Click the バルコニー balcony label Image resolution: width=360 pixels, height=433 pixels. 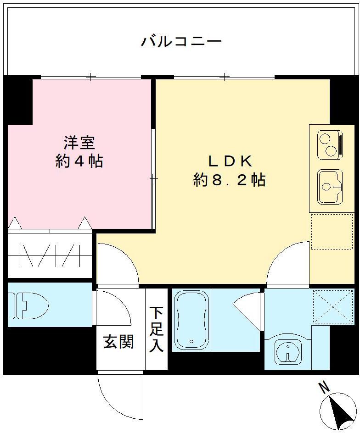click(181, 42)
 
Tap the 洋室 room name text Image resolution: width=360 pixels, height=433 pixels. click(79, 143)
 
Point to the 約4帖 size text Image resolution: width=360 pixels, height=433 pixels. click(79, 161)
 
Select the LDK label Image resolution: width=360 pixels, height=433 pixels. click(229, 161)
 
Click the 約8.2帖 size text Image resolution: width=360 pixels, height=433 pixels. click(229, 180)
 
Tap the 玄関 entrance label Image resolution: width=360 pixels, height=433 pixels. click(118, 341)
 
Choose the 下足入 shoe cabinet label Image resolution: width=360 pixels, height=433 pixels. click(156, 329)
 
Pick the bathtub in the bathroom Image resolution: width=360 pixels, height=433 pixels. click(191, 319)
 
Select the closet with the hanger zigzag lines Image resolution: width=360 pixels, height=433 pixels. click(50, 256)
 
